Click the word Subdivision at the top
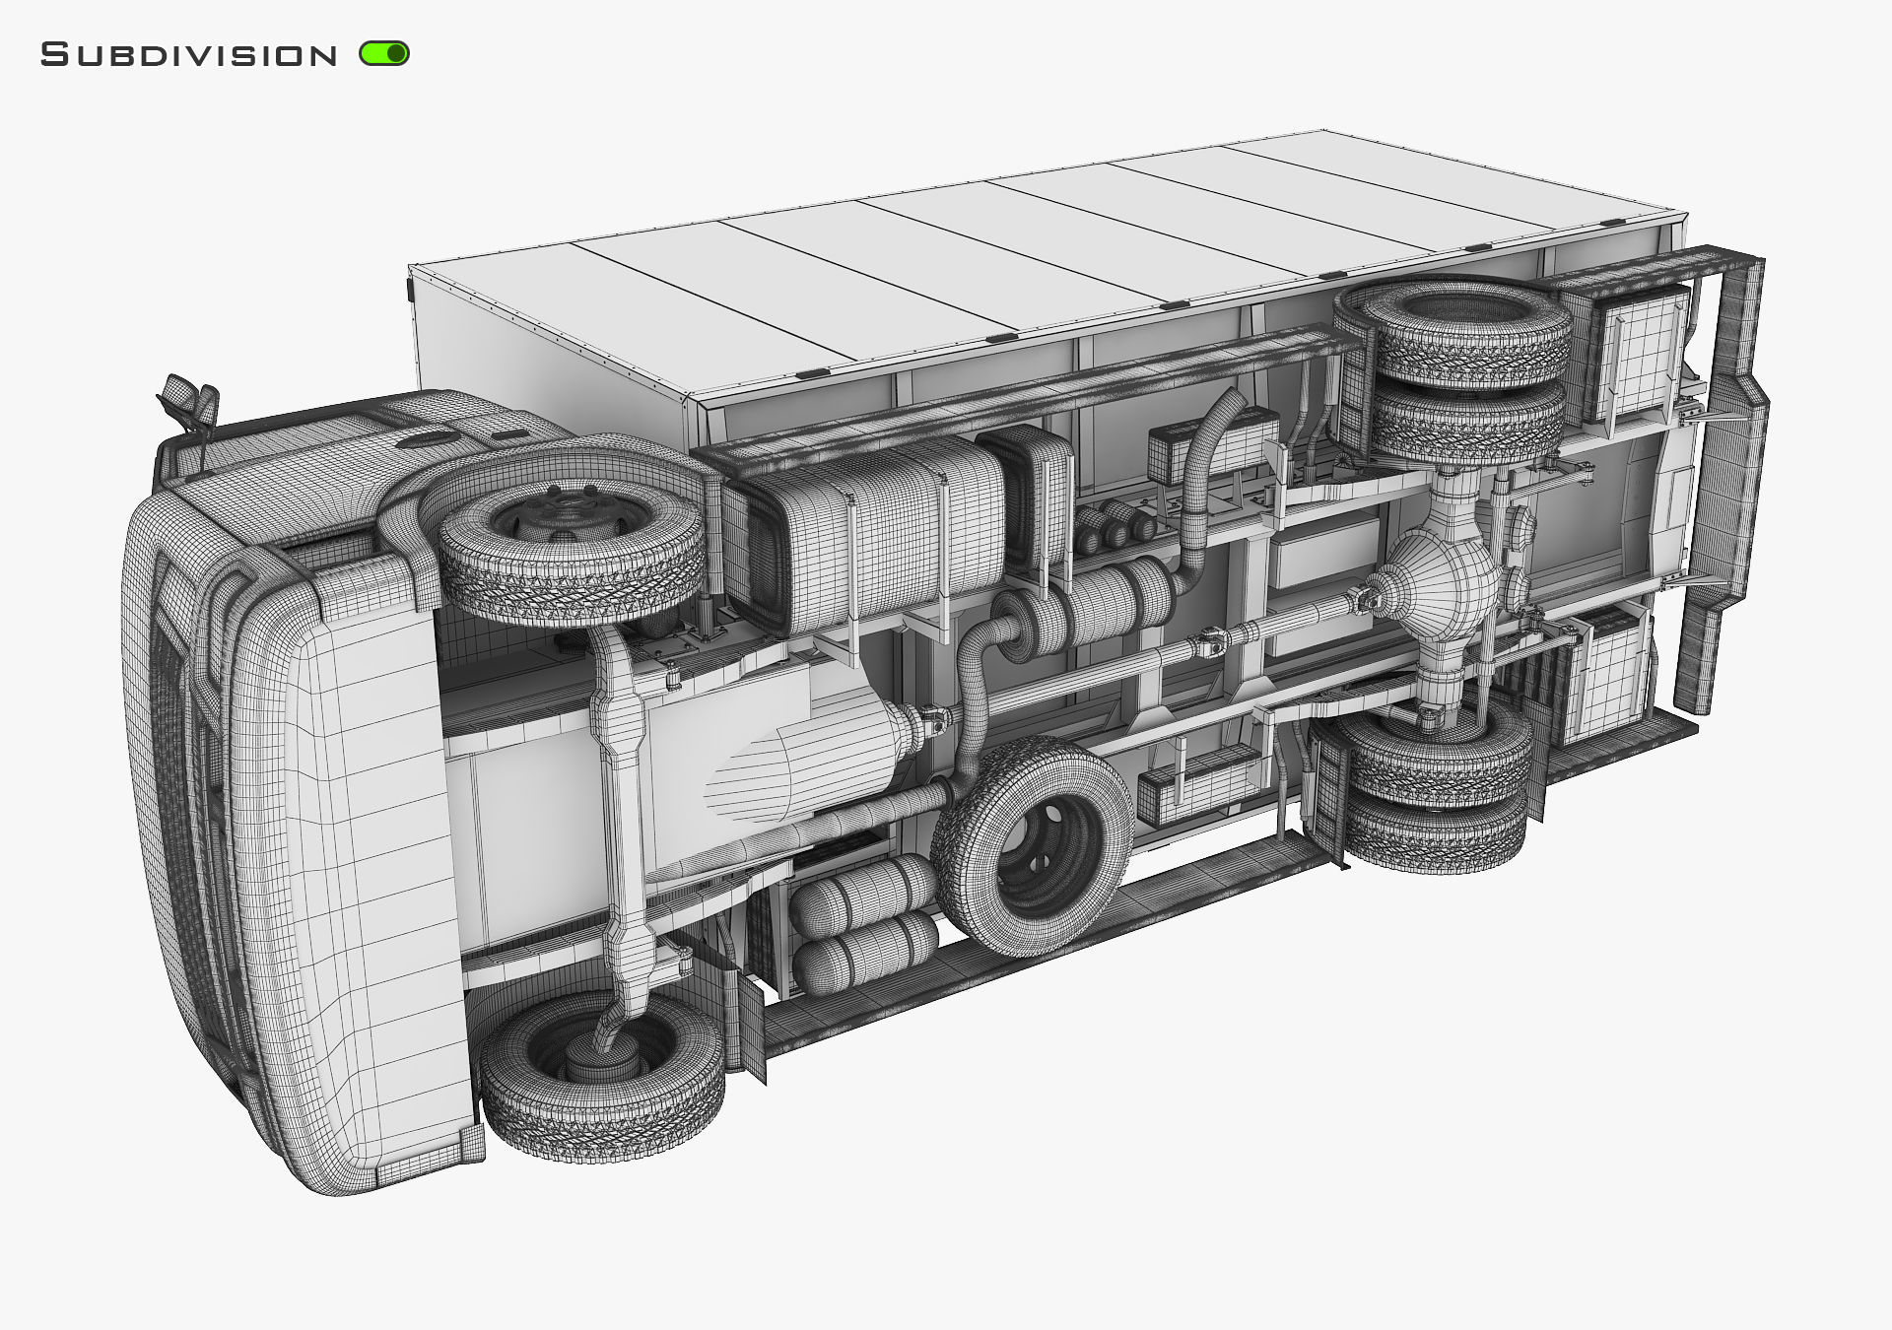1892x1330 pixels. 188,55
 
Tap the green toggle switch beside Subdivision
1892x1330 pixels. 384,54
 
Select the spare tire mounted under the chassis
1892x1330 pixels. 1031,844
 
